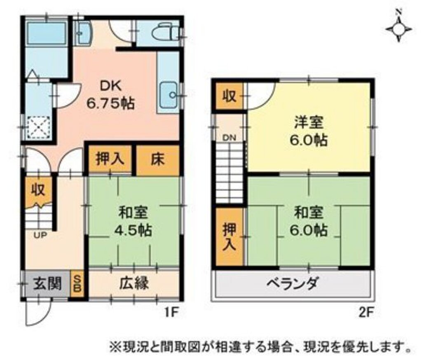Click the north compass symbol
(x=399, y=28)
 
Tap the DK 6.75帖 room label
(x=110, y=95)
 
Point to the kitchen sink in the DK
(x=169, y=94)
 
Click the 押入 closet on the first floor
(x=108, y=159)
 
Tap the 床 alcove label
(x=158, y=159)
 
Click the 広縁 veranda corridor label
(x=134, y=284)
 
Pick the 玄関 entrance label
(x=47, y=283)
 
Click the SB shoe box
(x=77, y=283)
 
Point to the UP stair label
(x=40, y=235)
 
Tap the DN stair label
(x=229, y=138)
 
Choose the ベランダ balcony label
(x=293, y=284)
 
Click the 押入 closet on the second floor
(x=229, y=236)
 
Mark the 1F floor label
(x=171, y=312)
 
